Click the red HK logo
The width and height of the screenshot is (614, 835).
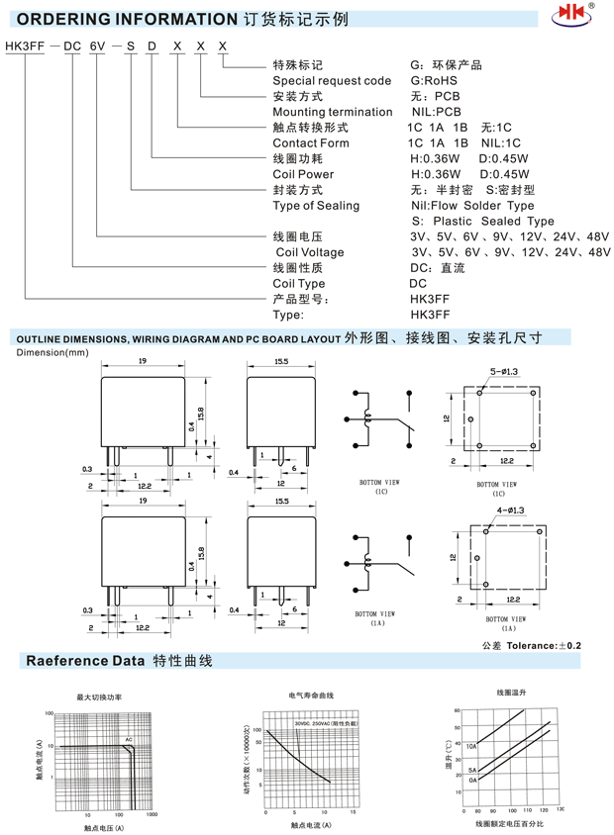click(x=574, y=17)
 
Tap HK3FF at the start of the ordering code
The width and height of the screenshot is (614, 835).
click(x=25, y=46)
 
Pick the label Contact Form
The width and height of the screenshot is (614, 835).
click(x=310, y=143)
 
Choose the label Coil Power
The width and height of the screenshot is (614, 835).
click(x=303, y=174)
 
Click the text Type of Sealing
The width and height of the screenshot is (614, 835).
click(x=316, y=206)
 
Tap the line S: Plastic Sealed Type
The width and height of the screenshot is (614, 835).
click(x=482, y=221)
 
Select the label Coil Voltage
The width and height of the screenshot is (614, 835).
click(x=310, y=252)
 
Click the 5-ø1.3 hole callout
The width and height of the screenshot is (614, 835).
click(x=504, y=371)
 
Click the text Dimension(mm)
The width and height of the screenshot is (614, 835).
click(x=51, y=351)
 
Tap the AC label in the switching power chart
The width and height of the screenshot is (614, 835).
click(x=129, y=739)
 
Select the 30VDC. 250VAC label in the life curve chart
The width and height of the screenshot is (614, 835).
click(x=326, y=723)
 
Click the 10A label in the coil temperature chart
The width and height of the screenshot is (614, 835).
click(x=472, y=747)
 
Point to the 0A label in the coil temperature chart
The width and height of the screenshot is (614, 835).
click(x=473, y=780)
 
